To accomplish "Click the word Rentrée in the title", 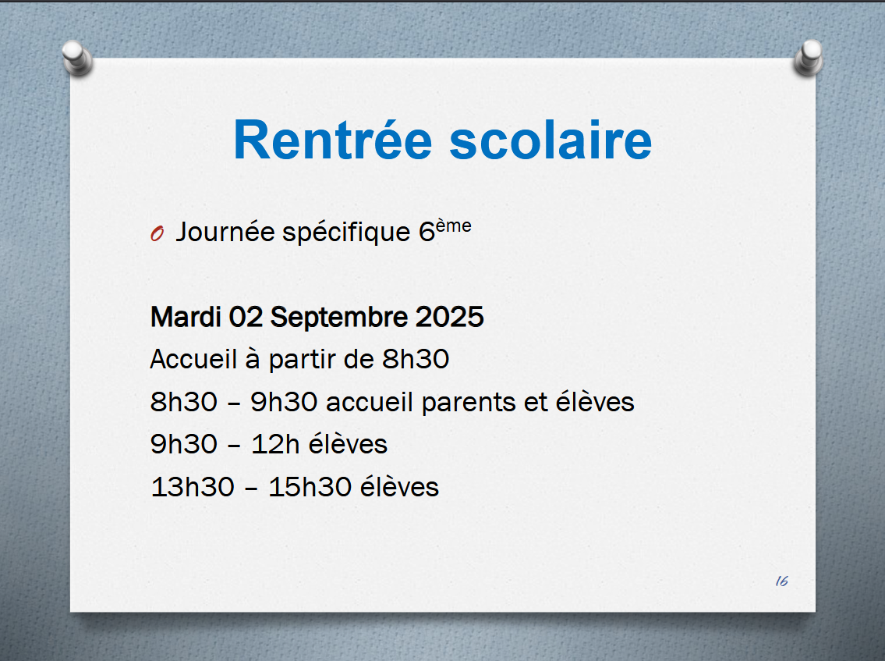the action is [x=333, y=140].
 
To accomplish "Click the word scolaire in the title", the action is [x=550, y=140].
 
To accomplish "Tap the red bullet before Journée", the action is [x=157, y=233].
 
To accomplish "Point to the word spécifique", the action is [x=346, y=233].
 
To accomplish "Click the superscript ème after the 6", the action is [x=454, y=226].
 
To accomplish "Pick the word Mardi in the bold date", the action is [x=185, y=317].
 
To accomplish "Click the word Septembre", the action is [x=338, y=318].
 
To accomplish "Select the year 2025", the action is [x=450, y=317].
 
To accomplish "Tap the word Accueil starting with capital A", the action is [x=193, y=359].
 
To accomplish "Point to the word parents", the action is [x=469, y=403].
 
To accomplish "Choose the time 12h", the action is [x=275, y=445].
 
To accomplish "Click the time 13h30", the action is [x=193, y=487].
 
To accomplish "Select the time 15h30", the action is [x=310, y=487].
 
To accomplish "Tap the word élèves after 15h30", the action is [x=399, y=486].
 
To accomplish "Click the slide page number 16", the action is [x=782, y=581].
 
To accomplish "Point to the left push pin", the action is [x=76, y=58].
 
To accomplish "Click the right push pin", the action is [x=809, y=58].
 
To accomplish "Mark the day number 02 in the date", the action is [x=246, y=317].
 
